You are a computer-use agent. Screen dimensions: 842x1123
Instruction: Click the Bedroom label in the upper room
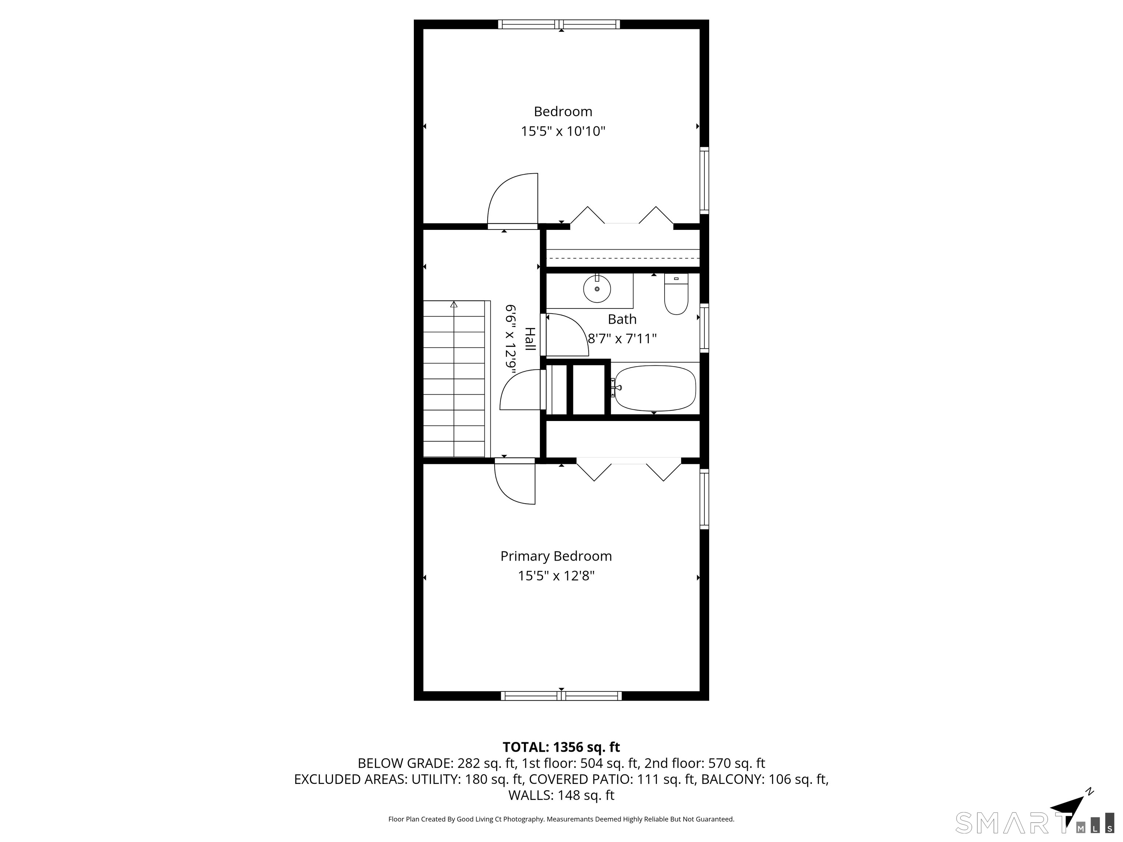563,111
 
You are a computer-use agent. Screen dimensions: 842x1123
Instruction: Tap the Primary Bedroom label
556,556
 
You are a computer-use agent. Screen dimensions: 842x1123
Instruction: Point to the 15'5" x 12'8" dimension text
556,576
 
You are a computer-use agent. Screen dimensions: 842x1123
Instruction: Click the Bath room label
622,319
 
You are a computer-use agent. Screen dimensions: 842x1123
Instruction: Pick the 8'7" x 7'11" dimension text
622,338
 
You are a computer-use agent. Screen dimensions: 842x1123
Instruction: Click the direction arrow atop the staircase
453,304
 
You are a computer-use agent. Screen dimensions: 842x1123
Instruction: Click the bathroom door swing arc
566,335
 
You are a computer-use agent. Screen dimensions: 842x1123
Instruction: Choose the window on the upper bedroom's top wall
559,24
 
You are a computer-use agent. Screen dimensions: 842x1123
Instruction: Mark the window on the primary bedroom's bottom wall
561,696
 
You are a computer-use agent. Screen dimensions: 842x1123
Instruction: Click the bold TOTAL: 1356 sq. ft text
561,747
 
